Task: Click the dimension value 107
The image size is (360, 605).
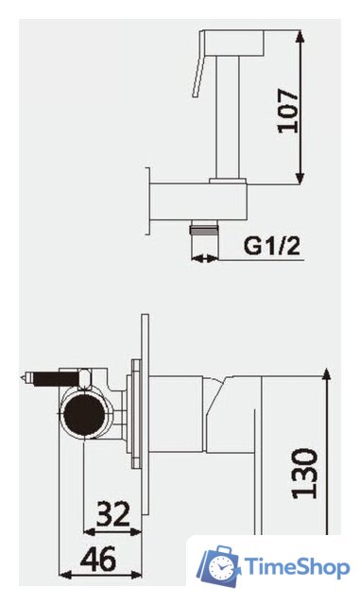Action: (x=288, y=112)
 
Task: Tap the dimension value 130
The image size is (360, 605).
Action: (x=304, y=474)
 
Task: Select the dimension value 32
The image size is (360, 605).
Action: (x=113, y=513)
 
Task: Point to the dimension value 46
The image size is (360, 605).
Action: (x=98, y=559)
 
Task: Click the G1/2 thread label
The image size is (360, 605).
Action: (x=271, y=245)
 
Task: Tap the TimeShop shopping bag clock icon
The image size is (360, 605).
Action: (x=218, y=566)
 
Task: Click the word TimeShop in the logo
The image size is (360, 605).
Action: (x=297, y=567)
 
